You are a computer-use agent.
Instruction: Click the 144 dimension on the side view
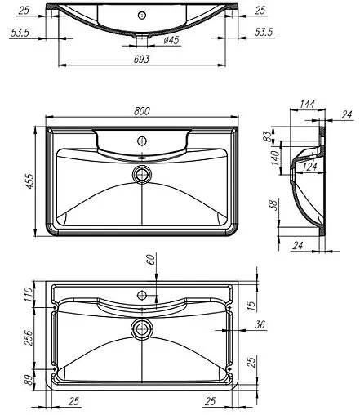tap(307, 105)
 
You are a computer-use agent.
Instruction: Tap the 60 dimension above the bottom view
tap(149, 259)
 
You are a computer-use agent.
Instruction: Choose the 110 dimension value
tap(26, 292)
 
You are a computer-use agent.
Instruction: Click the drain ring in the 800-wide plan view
tap(143, 173)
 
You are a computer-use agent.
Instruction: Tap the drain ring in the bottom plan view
tap(143, 328)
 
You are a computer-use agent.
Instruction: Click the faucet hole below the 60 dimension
tap(142, 293)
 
